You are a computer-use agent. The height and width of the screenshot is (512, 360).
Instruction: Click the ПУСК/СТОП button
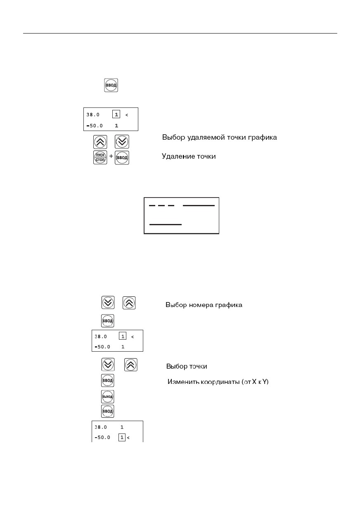click(100, 157)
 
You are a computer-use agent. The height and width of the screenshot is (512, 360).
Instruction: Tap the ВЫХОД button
click(108, 397)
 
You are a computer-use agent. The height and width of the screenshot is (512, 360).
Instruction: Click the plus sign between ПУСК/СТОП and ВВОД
click(111, 156)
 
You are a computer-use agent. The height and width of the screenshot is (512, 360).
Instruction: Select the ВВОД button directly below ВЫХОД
click(108, 411)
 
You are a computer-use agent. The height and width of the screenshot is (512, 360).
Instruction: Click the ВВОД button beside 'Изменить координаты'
click(108, 381)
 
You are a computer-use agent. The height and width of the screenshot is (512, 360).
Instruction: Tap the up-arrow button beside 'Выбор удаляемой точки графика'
click(100, 142)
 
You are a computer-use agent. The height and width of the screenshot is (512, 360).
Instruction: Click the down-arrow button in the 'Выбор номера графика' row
click(108, 302)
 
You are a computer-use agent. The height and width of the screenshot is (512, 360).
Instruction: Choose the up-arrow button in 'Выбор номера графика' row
click(129, 303)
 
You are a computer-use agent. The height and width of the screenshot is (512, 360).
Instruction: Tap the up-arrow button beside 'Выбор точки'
click(130, 365)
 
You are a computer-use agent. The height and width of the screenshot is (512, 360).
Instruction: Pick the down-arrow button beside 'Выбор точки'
click(108, 364)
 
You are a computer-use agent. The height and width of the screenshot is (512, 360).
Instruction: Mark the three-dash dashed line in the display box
click(161, 205)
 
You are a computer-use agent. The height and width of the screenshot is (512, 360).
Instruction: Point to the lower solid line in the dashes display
click(166, 224)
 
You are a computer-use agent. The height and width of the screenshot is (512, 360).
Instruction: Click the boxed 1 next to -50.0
click(122, 437)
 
